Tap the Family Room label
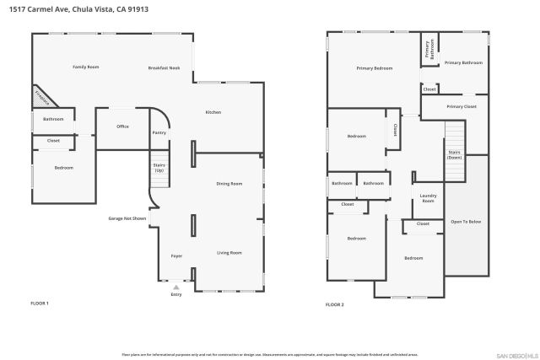(x=86, y=67)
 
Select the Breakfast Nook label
(x=165, y=67)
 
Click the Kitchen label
(x=213, y=112)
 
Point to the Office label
(x=123, y=126)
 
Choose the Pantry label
(x=159, y=133)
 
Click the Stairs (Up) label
(x=159, y=168)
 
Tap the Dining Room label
(x=229, y=183)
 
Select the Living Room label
(x=229, y=252)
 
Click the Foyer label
(x=176, y=255)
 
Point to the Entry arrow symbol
(x=176, y=287)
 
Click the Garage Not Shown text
(x=127, y=218)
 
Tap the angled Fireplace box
(x=41, y=97)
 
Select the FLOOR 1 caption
(x=40, y=303)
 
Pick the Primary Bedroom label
(x=375, y=67)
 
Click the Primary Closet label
(x=462, y=107)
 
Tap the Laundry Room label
(x=428, y=199)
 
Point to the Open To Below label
(x=467, y=221)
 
